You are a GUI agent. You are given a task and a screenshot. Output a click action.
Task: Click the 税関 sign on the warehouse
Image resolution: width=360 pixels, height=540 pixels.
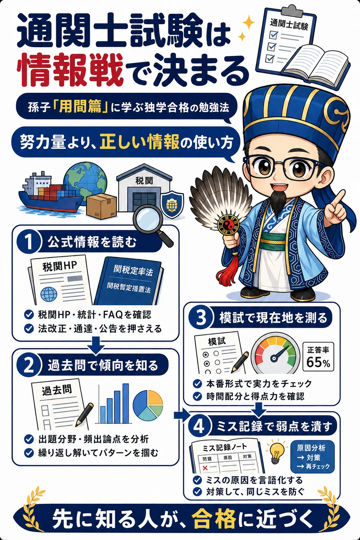(144, 180)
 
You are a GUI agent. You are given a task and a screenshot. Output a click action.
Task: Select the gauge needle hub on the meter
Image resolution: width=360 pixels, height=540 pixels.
(275, 358)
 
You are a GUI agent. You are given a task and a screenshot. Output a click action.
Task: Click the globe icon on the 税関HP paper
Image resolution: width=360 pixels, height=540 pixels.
(49, 294)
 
